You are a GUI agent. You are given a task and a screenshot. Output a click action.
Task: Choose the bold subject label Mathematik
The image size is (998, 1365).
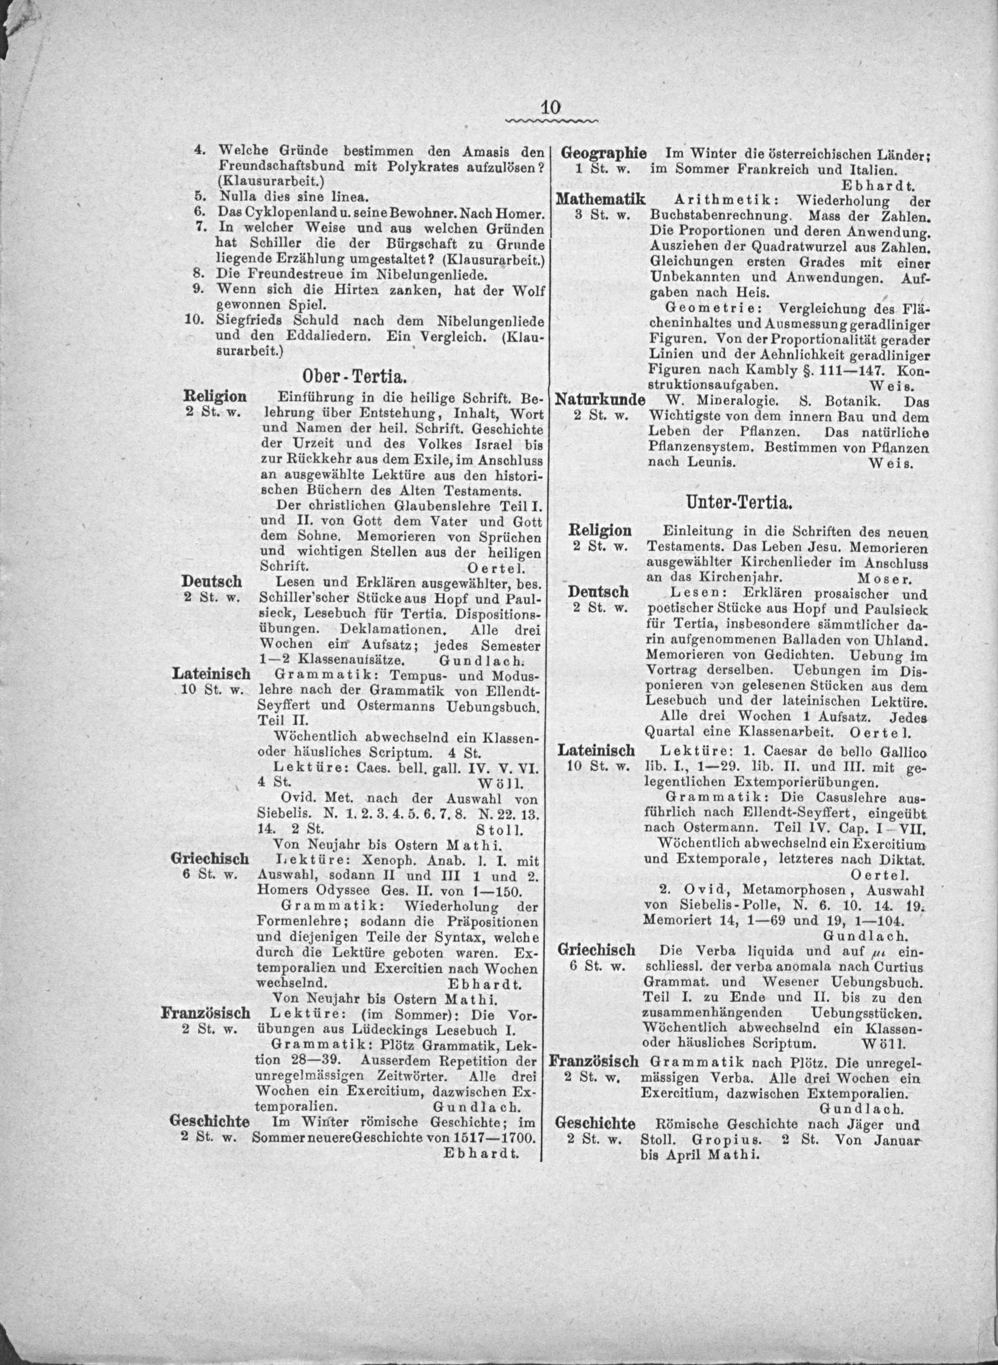[x=602, y=199]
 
